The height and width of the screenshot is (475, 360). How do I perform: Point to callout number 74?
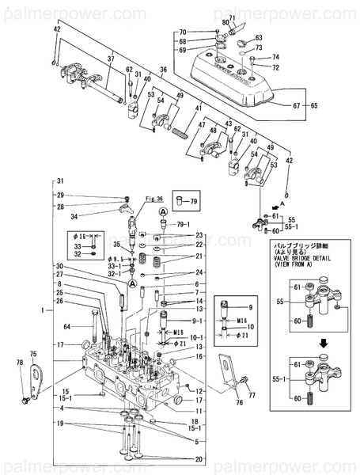[x=275, y=58]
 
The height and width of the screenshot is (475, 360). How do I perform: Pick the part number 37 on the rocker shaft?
[x=112, y=58]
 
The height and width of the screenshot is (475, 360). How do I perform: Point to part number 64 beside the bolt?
[x=66, y=326]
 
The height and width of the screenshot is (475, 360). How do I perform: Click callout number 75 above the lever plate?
[x=32, y=354]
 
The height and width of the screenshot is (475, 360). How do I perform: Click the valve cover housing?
[x=237, y=79]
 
